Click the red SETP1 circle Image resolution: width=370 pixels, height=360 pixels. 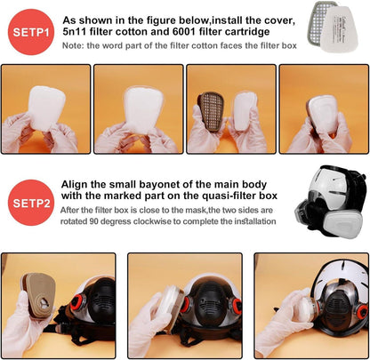[x=31, y=32]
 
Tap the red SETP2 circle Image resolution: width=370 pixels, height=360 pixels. [x=31, y=203]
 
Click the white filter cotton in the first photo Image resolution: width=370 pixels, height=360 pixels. [x=46, y=108]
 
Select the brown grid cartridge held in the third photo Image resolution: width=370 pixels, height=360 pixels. [x=211, y=112]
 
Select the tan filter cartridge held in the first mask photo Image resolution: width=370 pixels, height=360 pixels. [x=38, y=294]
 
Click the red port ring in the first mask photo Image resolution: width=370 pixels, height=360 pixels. [x=77, y=303]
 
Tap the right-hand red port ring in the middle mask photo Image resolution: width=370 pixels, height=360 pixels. [x=237, y=306]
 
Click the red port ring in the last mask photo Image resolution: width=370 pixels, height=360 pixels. [x=362, y=312]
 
